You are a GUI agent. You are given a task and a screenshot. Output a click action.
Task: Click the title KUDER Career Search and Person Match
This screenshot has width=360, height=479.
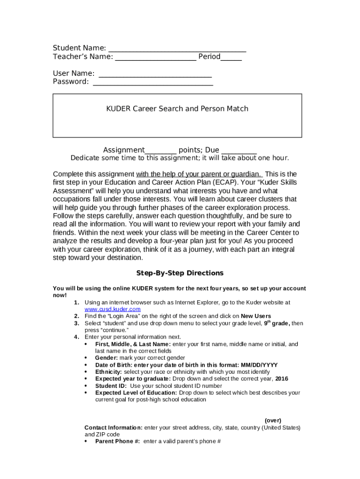177,109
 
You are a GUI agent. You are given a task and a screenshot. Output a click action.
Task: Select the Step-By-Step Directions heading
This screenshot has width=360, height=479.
180,273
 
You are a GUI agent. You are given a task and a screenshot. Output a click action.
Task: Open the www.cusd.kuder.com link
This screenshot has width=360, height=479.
112,309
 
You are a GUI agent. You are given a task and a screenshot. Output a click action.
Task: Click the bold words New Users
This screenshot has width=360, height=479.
256,316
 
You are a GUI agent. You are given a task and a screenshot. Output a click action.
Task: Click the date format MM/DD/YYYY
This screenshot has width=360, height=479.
259,365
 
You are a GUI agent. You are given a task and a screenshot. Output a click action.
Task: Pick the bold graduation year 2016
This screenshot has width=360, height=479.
281,379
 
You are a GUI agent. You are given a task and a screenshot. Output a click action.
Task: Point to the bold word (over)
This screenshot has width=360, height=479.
273,421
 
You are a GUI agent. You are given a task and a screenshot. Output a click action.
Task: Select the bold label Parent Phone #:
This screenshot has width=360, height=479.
117,441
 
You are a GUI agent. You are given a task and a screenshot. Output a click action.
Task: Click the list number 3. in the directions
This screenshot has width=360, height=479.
77,323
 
